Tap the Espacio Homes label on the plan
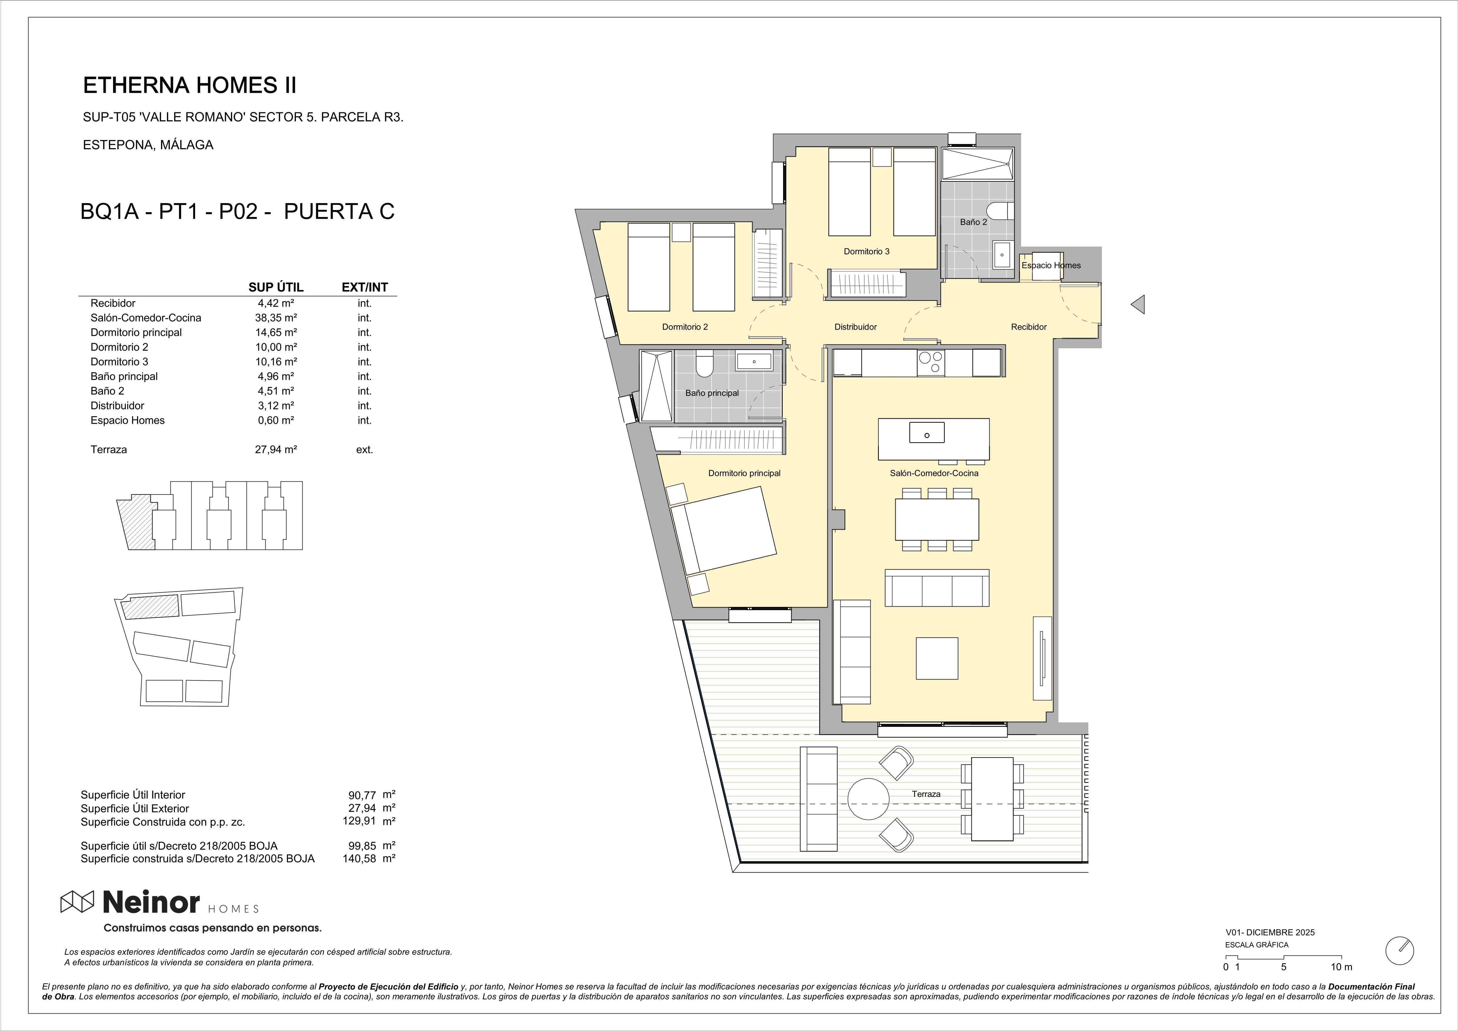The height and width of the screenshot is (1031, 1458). (x=1051, y=265)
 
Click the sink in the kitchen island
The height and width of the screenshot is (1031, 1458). (x=926, y=433)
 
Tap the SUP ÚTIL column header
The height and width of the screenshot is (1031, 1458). (x=276, y=287)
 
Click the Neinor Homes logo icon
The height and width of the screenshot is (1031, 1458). (x=77, y=901)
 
